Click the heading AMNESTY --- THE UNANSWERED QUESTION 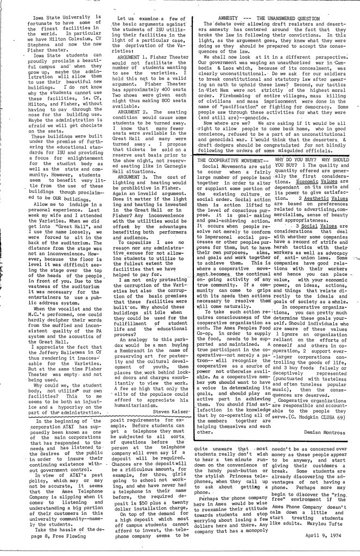269,17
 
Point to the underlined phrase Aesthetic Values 325,184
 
